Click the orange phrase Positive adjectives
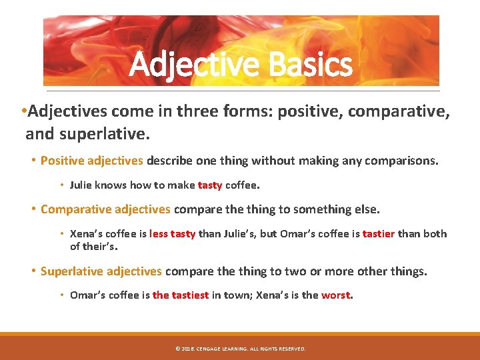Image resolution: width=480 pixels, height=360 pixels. point(91,161)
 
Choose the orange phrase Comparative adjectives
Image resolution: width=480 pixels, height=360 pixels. point(105,209)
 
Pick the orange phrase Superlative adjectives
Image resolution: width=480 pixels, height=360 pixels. point(101,271)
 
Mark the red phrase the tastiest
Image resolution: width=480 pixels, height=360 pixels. point(181,295)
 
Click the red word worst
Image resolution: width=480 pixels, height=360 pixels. point(335,295)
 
